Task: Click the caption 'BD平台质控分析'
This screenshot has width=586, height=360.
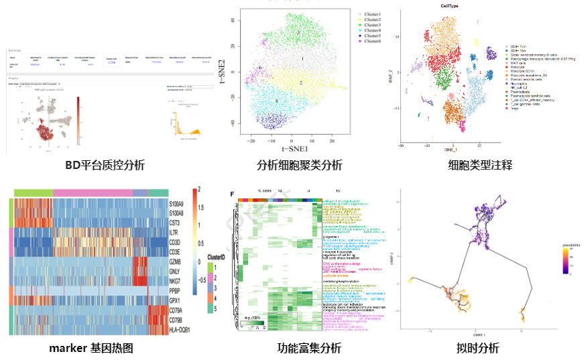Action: (105, 165)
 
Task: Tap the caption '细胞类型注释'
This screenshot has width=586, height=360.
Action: (480, 165)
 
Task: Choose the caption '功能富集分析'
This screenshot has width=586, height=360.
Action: (309, 348)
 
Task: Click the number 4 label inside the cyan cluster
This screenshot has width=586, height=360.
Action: (277, 101)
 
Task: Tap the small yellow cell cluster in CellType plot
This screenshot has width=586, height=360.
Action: (476, 42)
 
